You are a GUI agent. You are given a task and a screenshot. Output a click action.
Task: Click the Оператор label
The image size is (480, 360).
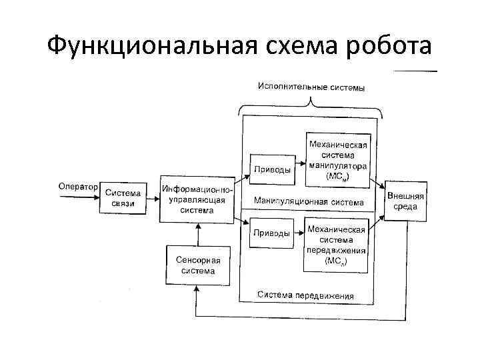click(x=77, y=187)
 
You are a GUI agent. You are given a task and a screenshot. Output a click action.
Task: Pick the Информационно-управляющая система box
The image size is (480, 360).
click(x=197, y=199)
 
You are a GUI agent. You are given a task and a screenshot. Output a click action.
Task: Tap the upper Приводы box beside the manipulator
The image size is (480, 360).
click(x=271, y=170)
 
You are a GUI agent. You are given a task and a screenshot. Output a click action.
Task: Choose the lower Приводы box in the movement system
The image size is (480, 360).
click(x=271, y=233)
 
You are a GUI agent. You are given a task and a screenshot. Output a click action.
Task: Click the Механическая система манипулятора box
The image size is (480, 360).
click(x=337, y=161)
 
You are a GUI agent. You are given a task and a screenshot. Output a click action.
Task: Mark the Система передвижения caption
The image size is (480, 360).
click(x=306, y=296)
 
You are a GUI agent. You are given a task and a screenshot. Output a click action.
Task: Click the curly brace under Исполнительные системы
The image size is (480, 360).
click(x=311, y=103)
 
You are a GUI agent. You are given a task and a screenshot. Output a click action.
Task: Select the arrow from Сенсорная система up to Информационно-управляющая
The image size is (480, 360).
click(x=197, y=235)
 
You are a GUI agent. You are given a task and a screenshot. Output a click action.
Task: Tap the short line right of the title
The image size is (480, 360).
click(x=417, y=70)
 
